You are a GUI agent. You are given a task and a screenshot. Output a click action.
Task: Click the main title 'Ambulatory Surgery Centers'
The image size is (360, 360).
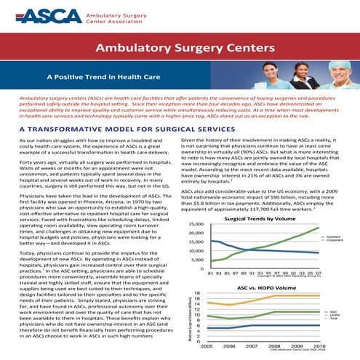180,49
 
